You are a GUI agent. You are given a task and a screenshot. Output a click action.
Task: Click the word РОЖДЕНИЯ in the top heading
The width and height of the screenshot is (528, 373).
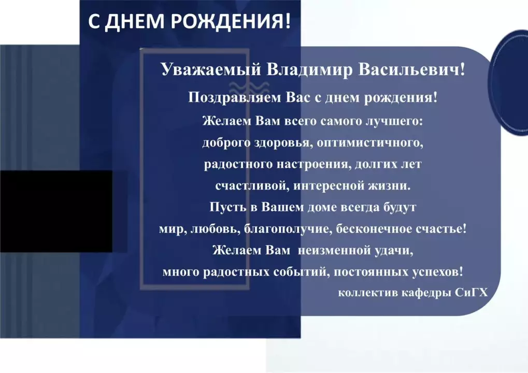pyautogui.click(x=231, y=21)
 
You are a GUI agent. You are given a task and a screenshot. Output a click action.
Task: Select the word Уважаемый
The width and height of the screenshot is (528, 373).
pyautogui.click(x=211, y=70)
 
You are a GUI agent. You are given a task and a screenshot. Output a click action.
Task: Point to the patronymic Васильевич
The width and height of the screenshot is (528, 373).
pyautogui.click(x=411, y=70)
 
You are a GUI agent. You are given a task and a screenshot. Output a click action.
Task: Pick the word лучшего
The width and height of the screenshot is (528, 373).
pyautogui.click(x=394, y=121)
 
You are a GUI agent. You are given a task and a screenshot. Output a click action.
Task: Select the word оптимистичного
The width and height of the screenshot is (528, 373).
pyautogui.click(x=370, y=143)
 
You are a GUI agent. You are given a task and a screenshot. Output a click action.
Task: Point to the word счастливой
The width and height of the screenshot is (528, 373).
pyautogui.click(x=252, y=186)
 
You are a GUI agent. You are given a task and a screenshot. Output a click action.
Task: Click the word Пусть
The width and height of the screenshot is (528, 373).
pyautogui.click(x=228, y=207)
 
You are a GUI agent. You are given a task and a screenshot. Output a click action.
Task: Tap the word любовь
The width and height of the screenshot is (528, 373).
pyautogui.click(x=215, y=229)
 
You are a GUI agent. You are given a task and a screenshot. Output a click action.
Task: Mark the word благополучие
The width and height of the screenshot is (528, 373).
pyautogui.click(x=288, y=229)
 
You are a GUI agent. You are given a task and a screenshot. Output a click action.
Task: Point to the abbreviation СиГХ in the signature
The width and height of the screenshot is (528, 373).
pyautogui.click(x=471, y=293)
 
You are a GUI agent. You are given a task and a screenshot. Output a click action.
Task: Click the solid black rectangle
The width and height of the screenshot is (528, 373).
pyautogui.click(x=56, y=211)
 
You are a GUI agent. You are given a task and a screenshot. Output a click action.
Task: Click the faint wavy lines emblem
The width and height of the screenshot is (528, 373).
pyautogui.click(x=249, y=88)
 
